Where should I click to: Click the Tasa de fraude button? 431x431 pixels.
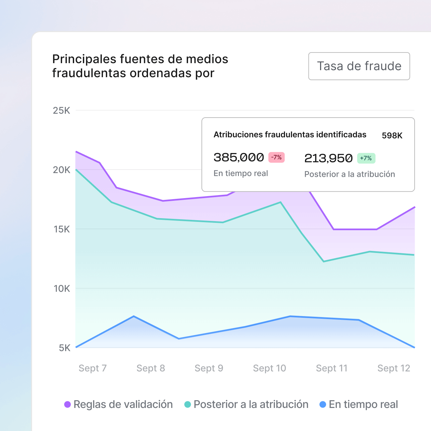[359, 66]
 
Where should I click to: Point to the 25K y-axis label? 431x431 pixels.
[61, 111]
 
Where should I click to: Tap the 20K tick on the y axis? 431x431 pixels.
[61, 170]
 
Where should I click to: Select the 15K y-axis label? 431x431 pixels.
[62, 229]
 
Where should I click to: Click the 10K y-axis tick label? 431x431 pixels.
[62, 289]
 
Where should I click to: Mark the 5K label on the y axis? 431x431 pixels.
[64, 348]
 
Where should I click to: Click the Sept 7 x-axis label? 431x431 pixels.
[93, 368]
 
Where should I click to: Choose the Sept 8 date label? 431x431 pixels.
[151, 368]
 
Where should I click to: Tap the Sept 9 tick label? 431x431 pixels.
[209, 368]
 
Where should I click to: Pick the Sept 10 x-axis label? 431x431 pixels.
[270, 368]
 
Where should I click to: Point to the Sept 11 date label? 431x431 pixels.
[332, 368]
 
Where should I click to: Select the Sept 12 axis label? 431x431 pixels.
[394, 368]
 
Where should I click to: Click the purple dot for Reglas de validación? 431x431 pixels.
[67, 405]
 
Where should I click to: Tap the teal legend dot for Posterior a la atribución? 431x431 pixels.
[188, 405]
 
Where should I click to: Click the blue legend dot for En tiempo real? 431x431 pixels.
[323, 405]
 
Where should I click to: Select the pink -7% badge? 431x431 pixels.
[276, 157]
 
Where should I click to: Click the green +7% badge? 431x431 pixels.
[366, 158]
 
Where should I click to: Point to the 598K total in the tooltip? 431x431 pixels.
[392, 136]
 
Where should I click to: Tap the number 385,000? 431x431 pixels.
[239, 157]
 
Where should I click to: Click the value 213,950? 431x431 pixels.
[328, 158]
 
